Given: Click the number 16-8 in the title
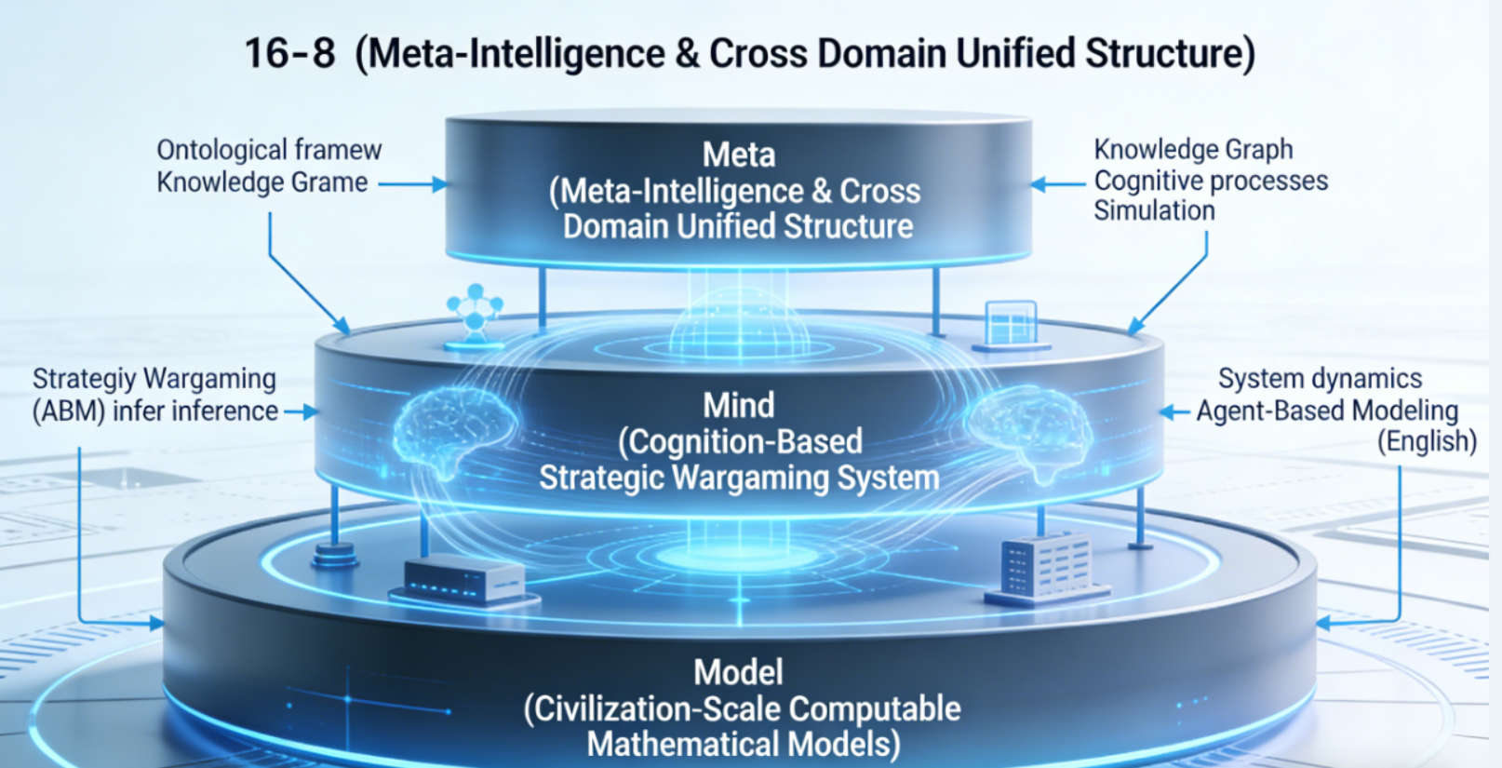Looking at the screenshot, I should [289, 53].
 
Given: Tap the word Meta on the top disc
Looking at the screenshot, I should [739, 155].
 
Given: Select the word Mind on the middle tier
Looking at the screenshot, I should [739, 405].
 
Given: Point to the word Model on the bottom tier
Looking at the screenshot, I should [739, 672].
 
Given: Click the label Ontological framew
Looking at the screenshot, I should [269, 150].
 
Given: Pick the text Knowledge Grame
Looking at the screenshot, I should [262, 182].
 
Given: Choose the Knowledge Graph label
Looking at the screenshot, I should [1193, 149].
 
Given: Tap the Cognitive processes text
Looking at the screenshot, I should [1211, 181].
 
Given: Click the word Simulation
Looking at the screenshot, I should [1154, 211].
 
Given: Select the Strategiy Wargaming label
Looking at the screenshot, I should [154, 379].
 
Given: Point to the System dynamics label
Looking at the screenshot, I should [1320, 379].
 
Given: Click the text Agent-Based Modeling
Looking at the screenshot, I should [1327, 411].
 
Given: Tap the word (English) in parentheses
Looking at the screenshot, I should [1427, 441].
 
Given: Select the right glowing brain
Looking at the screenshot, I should [1024, 428].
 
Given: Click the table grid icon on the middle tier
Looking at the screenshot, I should [1011, 324].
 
